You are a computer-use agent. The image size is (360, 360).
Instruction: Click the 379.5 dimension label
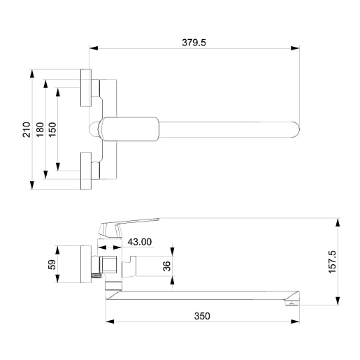[x=194, y=43]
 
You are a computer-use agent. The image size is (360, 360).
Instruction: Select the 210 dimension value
[x=27, y=129]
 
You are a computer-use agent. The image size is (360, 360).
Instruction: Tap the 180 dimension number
[x=40, y=129]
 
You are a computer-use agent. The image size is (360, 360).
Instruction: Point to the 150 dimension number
[x=53, y=129]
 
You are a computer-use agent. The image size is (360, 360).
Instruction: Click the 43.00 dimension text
[x=140, y=242]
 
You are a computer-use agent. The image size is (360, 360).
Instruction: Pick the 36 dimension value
[x=167, y=266]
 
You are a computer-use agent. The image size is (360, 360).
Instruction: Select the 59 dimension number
[x=52, y=264]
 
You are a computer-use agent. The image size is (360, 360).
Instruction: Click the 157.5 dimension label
[x=333, y=262]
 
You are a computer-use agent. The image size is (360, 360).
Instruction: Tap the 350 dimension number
[x=202, y=316]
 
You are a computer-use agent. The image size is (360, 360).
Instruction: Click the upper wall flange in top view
[x=86, y=88]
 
